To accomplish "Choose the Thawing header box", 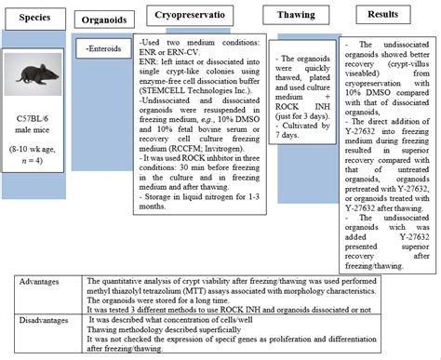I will click(x=288, y=16).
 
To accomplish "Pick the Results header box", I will click(x=383, y=16).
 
